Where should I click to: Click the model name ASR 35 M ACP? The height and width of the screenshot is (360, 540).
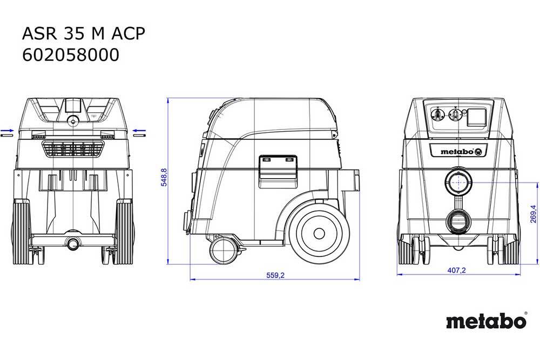(83, 33)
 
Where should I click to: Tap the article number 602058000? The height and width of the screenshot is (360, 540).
(71, 55)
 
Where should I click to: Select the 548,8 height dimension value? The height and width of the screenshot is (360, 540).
(164, 177)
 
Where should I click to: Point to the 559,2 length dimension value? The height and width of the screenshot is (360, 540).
(275, 275)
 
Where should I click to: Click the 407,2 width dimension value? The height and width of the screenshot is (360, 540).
(456, 270)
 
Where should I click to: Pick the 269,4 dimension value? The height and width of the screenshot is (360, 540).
(533, 214)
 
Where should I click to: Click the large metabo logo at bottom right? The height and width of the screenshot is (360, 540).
(487, 322)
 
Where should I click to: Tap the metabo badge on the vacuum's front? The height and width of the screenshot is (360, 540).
(458, 152)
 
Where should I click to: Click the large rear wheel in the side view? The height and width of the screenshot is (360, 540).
(319, 234)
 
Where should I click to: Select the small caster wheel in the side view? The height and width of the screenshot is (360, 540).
(223, 250)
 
